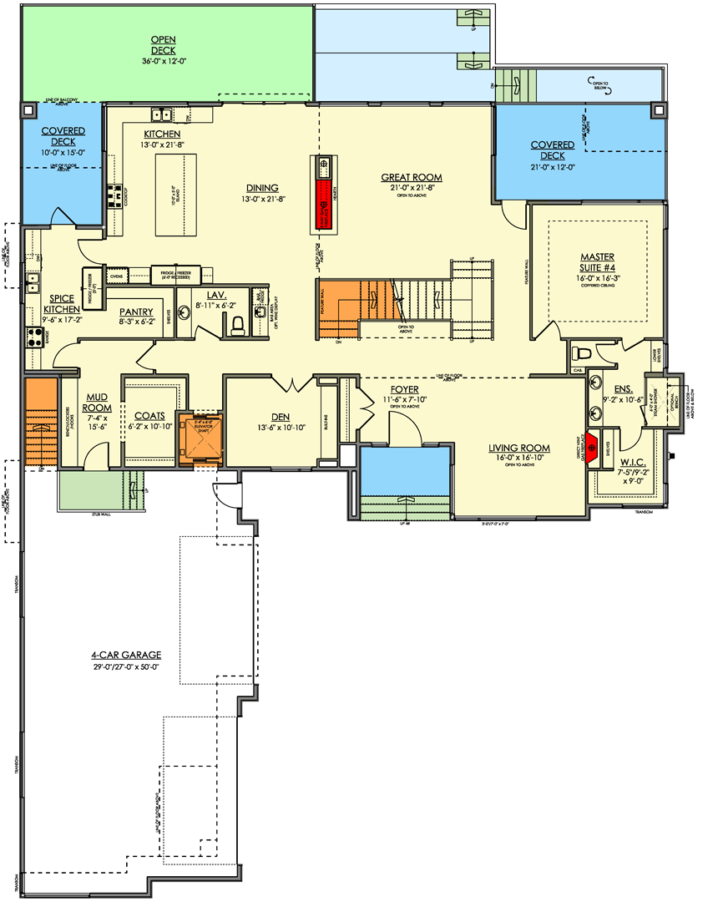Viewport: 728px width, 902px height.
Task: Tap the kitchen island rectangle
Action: click(170, 196)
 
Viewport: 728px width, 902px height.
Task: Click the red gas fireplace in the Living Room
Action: click(592, 447)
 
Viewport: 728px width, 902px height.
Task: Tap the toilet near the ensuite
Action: click(579, 352)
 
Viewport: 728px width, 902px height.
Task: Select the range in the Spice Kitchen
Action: click(33, 337)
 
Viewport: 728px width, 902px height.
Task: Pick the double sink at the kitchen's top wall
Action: click(161, 114)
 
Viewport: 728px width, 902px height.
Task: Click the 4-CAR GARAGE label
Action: click(127, 655)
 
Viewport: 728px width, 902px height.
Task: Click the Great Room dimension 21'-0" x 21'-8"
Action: click(412, 189)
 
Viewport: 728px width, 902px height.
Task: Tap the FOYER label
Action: click(404, 390)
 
